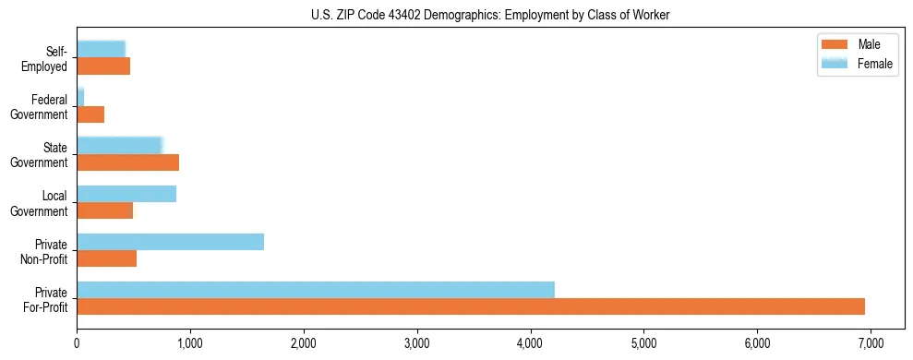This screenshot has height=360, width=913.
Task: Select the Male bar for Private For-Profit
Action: (x=471, y=306)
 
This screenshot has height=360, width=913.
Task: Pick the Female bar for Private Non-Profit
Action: (x=170, y=242)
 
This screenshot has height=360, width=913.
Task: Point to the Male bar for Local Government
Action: (x=104, y=210)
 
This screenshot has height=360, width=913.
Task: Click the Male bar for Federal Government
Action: (x=90, y=114)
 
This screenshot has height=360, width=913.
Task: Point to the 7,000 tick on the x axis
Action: (x=871, y=342)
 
